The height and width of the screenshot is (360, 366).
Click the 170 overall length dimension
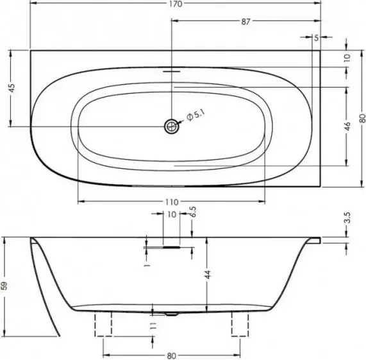pos(176,4)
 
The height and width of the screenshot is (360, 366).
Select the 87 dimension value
pos(245,22)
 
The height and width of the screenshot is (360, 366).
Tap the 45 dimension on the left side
pos(12,88)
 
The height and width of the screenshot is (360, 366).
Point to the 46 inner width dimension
pos(347,126)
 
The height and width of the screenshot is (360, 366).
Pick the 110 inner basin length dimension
pos(172,202)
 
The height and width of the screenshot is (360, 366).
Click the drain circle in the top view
pos(172,126)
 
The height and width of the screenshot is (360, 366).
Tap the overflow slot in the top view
pos(172,71)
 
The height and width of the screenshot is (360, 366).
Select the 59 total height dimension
pos(4,286)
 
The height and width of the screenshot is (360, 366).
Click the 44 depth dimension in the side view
pos(208,274)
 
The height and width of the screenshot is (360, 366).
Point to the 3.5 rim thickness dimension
pos(347,218)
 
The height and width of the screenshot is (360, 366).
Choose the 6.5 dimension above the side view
pos(194,212)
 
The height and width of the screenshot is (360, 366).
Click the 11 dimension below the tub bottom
pos(153,325)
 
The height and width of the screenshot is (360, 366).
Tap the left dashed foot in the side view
pos(103,324)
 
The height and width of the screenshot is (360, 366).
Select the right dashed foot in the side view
pos(240,324)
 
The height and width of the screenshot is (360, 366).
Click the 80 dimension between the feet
pos(172,356)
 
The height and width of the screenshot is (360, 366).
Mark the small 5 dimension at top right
pos(316,38)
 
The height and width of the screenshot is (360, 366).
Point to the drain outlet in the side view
pos(172,314)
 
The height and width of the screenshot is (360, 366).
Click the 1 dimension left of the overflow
pos(147,266)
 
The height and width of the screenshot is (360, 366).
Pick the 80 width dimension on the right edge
pos(362,118)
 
